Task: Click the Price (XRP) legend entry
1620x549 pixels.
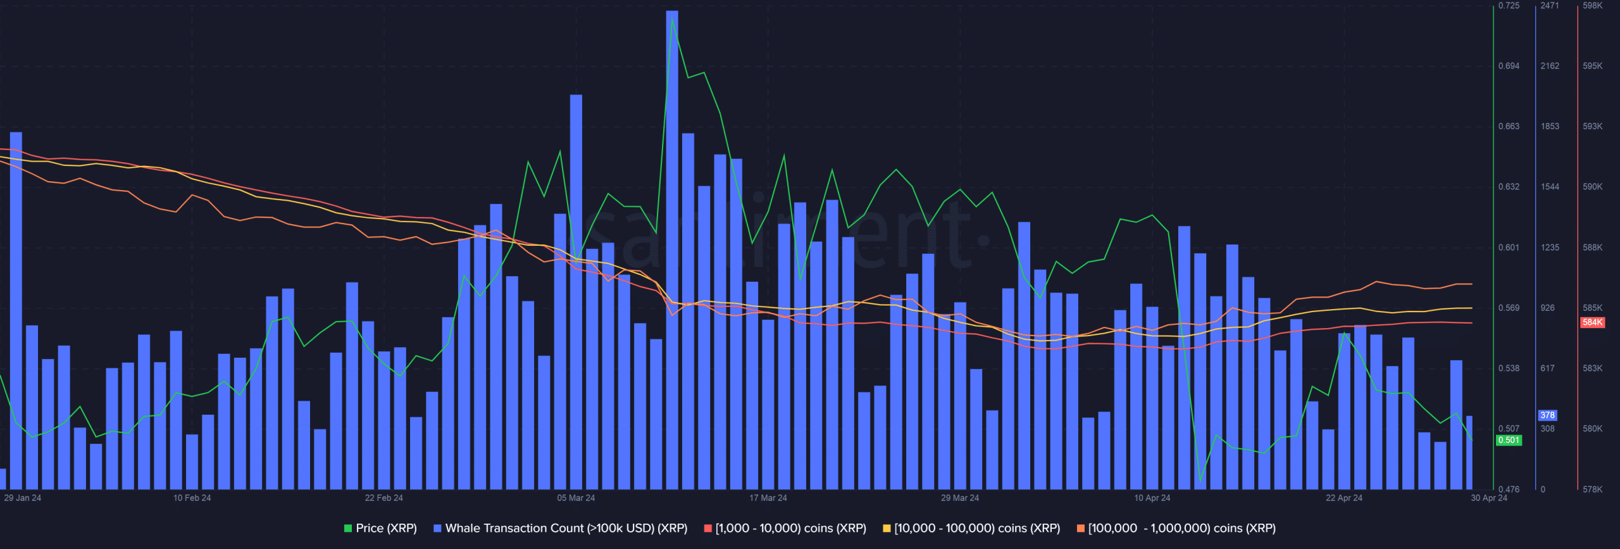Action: point(380,528)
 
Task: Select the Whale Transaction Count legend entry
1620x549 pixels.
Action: point(560,528)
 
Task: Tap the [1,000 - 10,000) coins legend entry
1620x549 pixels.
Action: point(785,528)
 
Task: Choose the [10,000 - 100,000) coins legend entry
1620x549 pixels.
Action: point(971,528)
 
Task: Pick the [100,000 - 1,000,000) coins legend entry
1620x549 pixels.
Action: point(1176,528)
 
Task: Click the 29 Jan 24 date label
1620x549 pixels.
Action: point(22,498)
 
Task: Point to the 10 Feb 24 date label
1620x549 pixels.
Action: point(192,498)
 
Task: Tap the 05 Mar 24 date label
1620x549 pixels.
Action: point(576,498)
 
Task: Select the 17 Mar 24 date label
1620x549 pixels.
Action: point(768,498)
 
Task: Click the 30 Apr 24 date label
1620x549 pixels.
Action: point(1489,498)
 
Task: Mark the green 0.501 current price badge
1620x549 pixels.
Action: point(1509,440)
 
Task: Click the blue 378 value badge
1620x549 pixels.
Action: point(1548,415)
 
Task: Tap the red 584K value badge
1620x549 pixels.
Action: point(1592,322)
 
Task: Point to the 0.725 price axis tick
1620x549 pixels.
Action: point(1509,6)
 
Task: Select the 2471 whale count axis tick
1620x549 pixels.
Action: point(1550,6)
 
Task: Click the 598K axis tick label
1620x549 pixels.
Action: point(1593,6)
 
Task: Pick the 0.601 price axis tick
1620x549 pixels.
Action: point(1509,248)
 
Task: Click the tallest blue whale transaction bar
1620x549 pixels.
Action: point(672,249)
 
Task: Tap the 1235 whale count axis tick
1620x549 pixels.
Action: point(1550,248)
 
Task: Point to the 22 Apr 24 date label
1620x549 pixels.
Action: point(1344,498)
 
